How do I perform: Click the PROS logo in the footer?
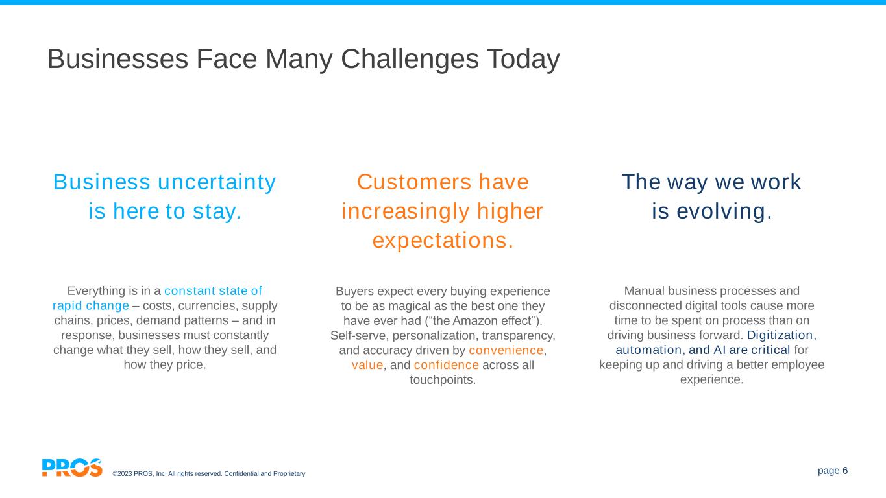(x=72, y=468)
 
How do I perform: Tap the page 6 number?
(x=833, y=471)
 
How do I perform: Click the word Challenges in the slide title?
(x=410, y=59)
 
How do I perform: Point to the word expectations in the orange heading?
(x=443, y=241)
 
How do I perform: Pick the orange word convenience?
(x=506, y=350)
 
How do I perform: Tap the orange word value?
(x=367, y=365)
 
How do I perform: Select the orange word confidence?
(x=446, y=365)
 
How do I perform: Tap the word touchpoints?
(x=443, y=380)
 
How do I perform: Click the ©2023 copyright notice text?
(x=209, y=473)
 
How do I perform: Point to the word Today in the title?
(x=523, y=59)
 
